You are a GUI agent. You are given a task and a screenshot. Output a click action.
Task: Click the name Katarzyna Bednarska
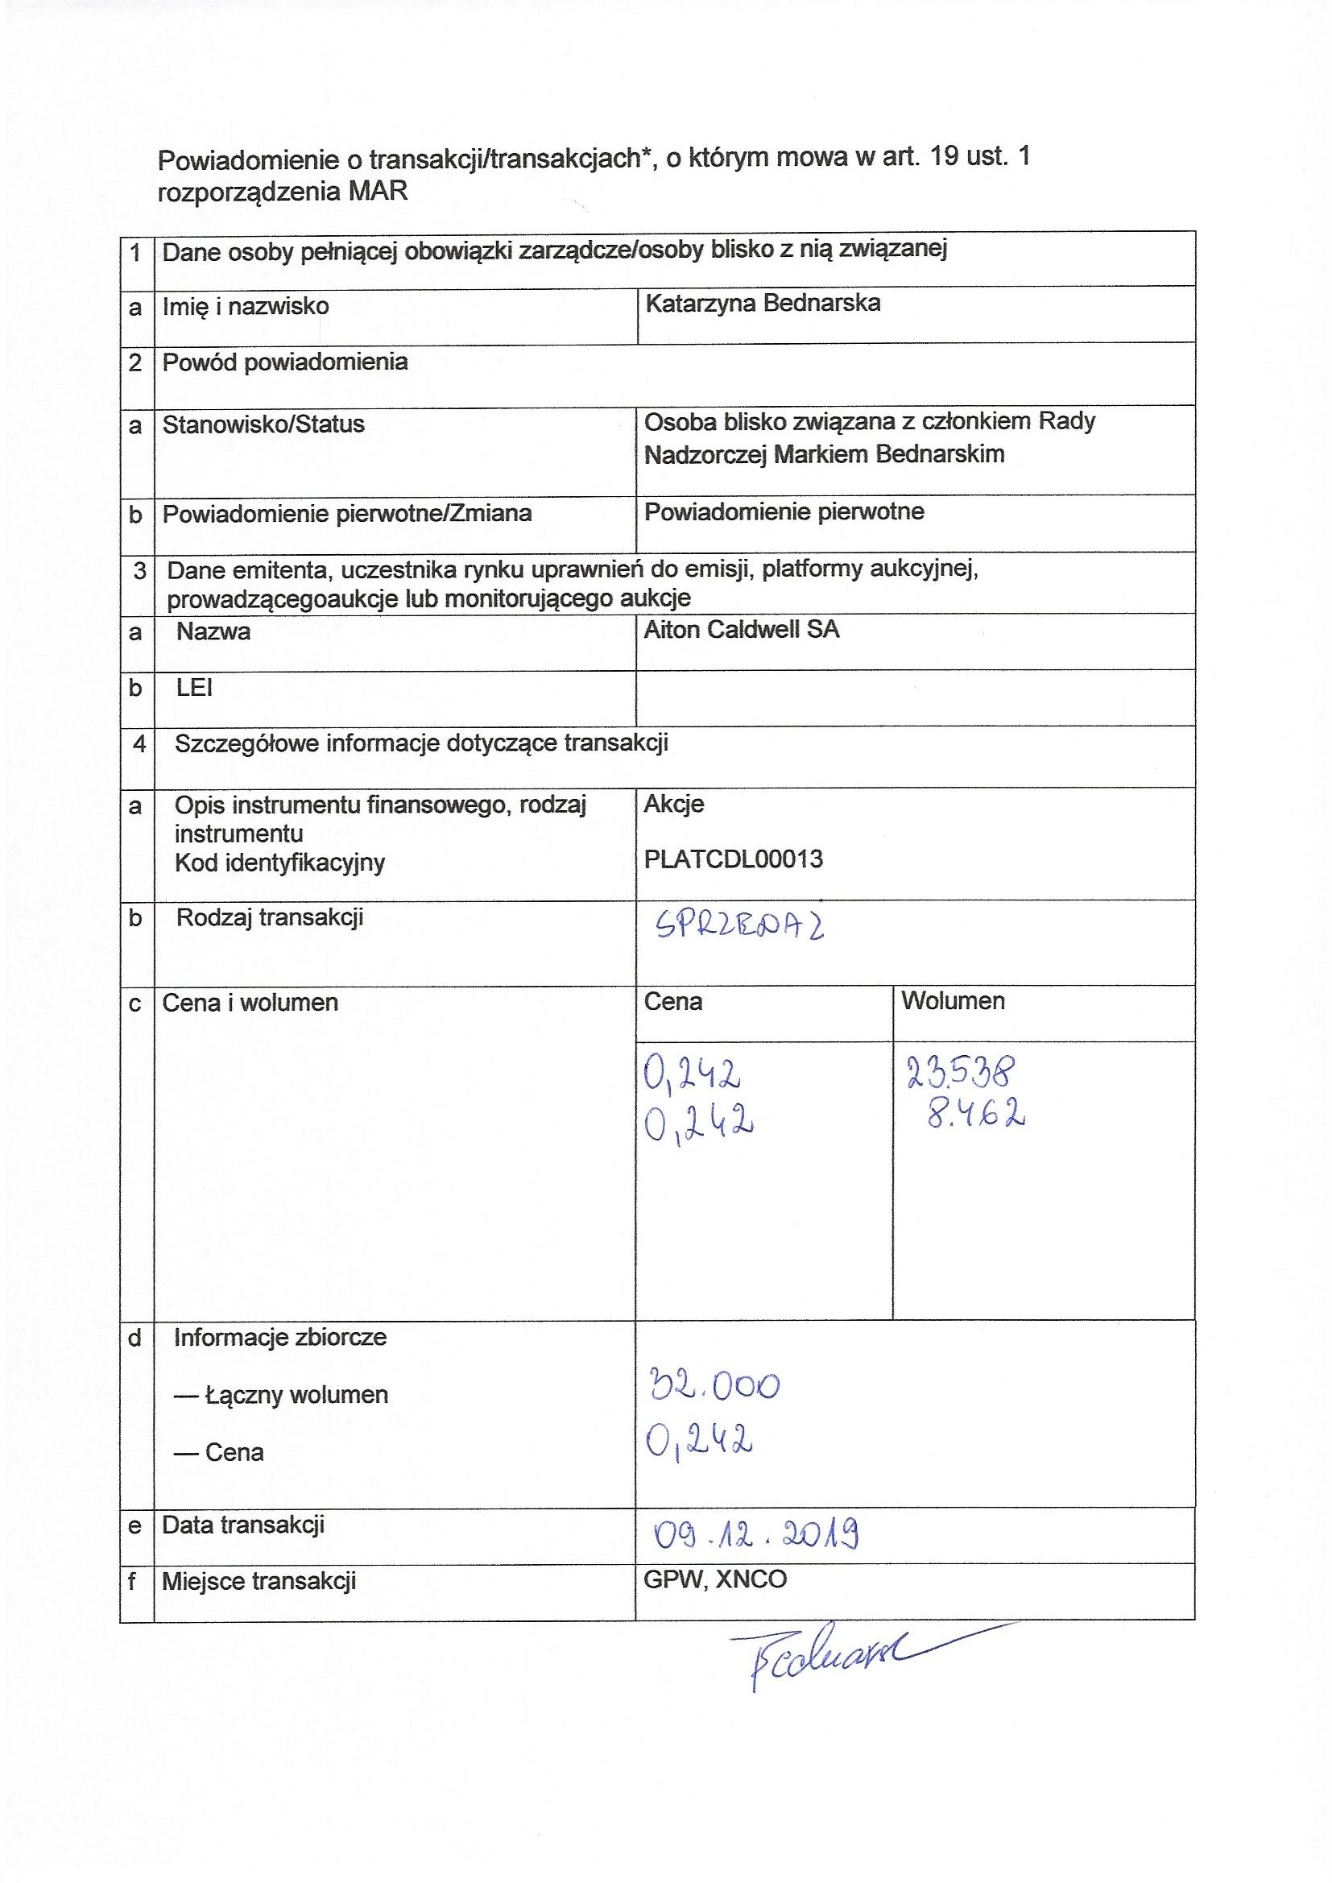[762, 304]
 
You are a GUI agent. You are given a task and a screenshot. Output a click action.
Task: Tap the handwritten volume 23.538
[962, 1071]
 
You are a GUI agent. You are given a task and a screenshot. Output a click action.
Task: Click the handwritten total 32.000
[714, 1385]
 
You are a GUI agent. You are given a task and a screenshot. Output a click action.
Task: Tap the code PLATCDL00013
[734, 859]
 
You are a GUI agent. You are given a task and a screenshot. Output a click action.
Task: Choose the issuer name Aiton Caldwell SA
[742, 630]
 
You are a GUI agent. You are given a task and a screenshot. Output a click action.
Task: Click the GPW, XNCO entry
[714, 1579]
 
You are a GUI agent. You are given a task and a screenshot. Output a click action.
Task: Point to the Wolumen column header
[952, 1001]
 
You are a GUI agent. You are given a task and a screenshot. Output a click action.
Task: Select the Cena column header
[672, 1002]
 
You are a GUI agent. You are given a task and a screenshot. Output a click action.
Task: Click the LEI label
[194, 688]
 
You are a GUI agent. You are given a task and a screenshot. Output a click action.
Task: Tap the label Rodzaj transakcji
[269, 917]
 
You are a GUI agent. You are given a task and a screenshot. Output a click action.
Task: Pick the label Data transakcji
[242, 1525]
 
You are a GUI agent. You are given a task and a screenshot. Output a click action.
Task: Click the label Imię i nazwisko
[246, 307]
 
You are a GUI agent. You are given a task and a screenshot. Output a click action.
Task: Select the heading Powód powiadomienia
[284, 362]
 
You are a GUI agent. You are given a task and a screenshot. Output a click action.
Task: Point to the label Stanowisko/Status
[263, 424]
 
